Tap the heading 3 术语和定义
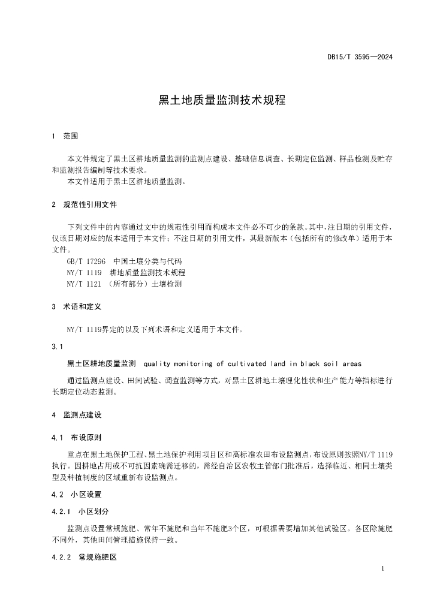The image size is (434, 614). [x=78, y=306]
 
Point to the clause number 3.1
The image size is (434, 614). [x=58, y=347]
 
